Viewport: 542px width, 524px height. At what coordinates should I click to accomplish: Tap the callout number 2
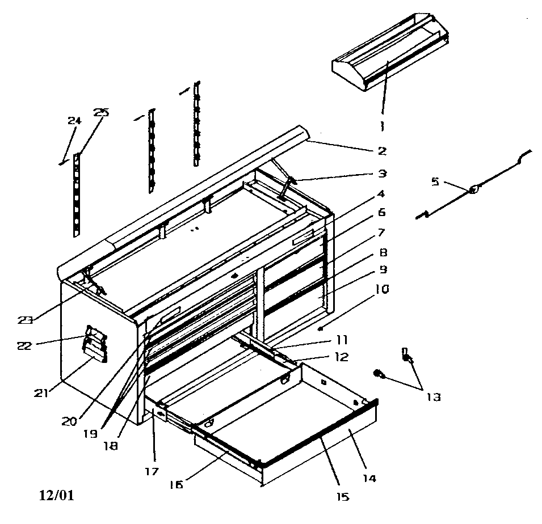click(381, 151)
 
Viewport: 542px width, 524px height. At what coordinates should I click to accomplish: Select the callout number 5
click(435, 181)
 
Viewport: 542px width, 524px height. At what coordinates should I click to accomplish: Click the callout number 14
click(369, 478)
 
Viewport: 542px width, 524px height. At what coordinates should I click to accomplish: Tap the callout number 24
click(74, 120)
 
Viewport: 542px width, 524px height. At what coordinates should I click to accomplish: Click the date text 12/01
click(56, 495)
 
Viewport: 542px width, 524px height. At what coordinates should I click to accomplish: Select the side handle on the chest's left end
click(95, 344)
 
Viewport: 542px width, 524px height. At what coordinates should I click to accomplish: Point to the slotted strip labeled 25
click(77, 196)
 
